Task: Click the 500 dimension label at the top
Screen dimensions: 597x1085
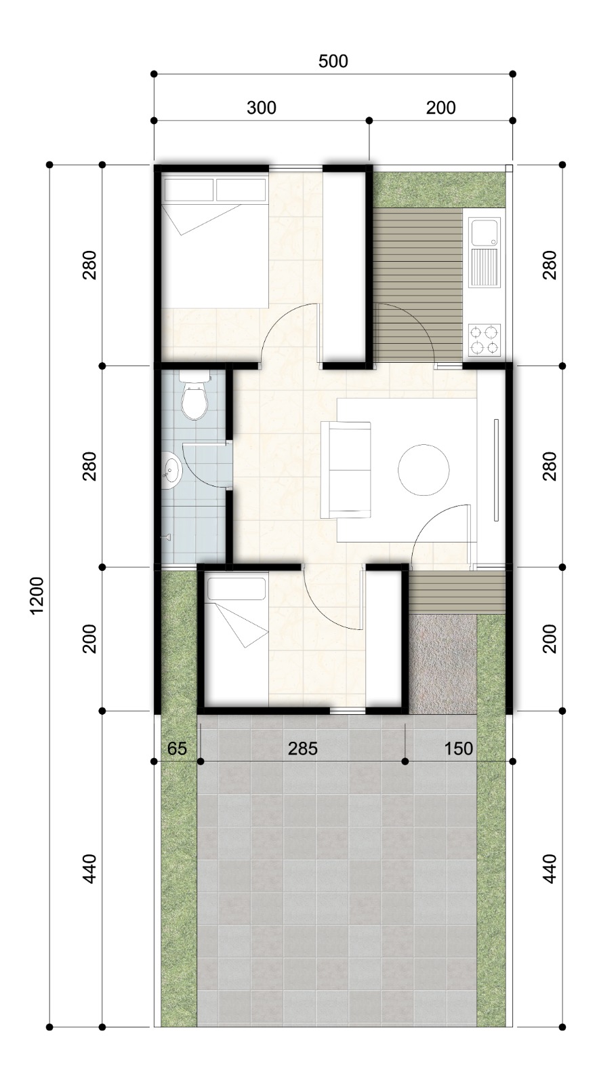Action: pyautogui.click(x=333, y=61)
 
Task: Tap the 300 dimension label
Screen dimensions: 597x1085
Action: pyautogui.click(x=262, y=108)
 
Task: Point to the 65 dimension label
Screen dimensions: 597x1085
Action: pyautogui.click(x=177, y=749)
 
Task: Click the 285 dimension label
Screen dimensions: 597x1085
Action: pyautogui.click(x=303, y=749)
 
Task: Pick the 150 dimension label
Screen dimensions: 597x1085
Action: pyautogui.click(x=458, y=749)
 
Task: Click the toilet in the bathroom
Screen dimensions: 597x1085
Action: pyautogui.click(x=194, y=394)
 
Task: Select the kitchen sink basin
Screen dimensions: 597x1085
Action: pyautogui.click(x=485, y=233)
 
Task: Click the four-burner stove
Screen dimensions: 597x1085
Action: pyautogui.click(x=485, y=340)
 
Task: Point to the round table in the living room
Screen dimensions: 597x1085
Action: pyautogui.click(x=424, y=469)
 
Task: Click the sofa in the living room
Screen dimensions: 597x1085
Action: pyautogui.click(x=346, y=469)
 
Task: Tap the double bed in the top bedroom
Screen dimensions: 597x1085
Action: pyautogui.click(x=215, y=241)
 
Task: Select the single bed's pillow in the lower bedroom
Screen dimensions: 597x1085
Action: pyautogui.click(x=236, y=589)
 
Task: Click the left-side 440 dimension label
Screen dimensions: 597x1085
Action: pyautogui.click(x=90, y=869)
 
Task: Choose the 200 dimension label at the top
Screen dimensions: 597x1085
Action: pyautogui.click(x=440, y=108)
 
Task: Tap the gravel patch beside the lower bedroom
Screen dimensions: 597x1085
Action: pyautogui.click(x=443, y=663)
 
